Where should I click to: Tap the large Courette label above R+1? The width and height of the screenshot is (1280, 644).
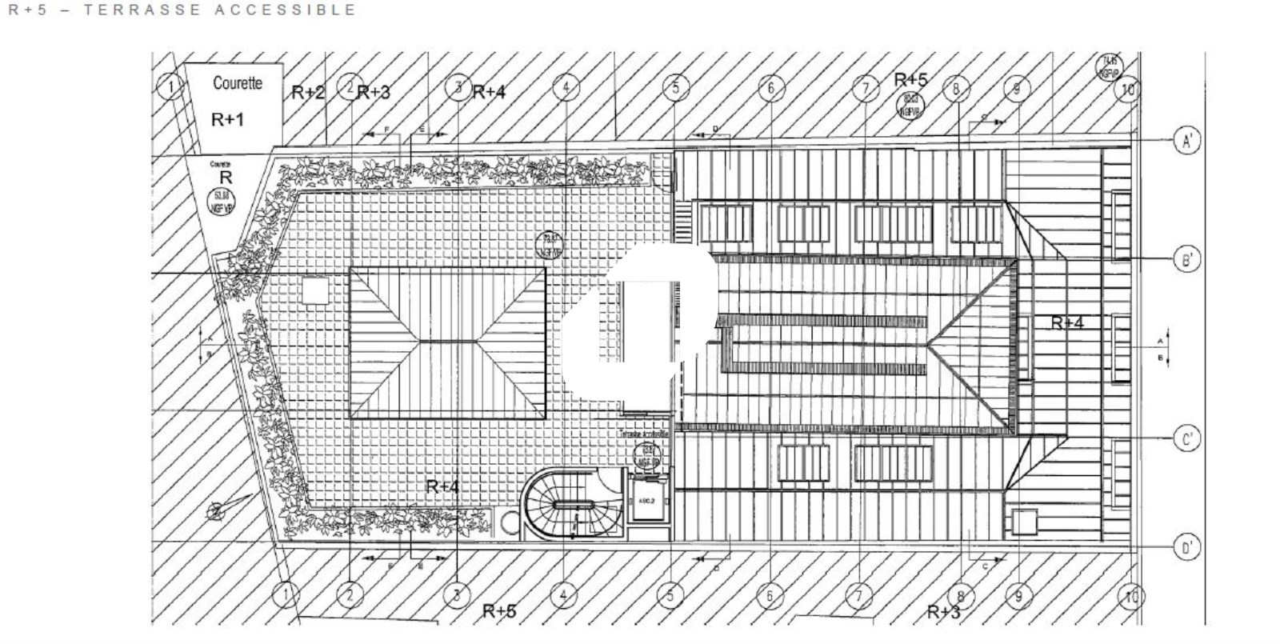click(x=237, y=82)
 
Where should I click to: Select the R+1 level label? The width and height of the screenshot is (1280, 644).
click(x=227, y=120)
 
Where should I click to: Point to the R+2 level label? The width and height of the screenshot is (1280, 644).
click(x=308, y=92)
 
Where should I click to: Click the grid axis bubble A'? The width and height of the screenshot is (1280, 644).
click(x=1187, y=141)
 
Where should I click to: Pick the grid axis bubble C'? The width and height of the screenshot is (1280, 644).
click(x=1187, y=439)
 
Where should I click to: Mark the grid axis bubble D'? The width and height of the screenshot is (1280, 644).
click(x=1187, y=548)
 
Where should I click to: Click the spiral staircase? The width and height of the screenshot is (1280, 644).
click(x=570, y=504)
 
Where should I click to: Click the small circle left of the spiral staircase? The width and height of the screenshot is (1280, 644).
click(x=509, y=522)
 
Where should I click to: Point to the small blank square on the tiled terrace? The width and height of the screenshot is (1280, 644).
click(x=315, y=290)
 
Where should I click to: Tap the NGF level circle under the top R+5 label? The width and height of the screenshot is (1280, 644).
click(x=909, y=107)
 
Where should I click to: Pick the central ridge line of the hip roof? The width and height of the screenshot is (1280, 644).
click(x=447, y=342)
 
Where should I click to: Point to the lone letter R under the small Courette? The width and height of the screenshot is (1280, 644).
click(x=226, y=178)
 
